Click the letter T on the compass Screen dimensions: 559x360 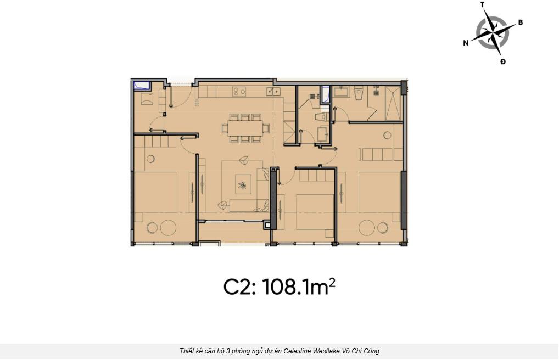(482, 4)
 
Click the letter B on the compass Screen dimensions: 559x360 (520, 22)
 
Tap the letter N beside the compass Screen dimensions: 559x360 (466, 43)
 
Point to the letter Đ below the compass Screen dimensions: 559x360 (502, 61)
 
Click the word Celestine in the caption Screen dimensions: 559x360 (299, 351)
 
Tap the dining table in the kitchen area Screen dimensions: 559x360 (245, 128)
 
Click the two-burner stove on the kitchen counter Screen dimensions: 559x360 (239, 92)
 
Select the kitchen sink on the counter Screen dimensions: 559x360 (273, 92)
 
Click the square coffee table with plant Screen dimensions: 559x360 (243, 184)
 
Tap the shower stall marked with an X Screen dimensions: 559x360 (393, 103)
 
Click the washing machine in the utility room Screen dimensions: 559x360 (147, 99)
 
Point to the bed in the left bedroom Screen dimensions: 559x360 (155, 193)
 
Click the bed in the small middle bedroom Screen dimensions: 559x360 (315, 212)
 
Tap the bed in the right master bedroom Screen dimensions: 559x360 (380, 193)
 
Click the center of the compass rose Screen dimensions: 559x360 (493, 33)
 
